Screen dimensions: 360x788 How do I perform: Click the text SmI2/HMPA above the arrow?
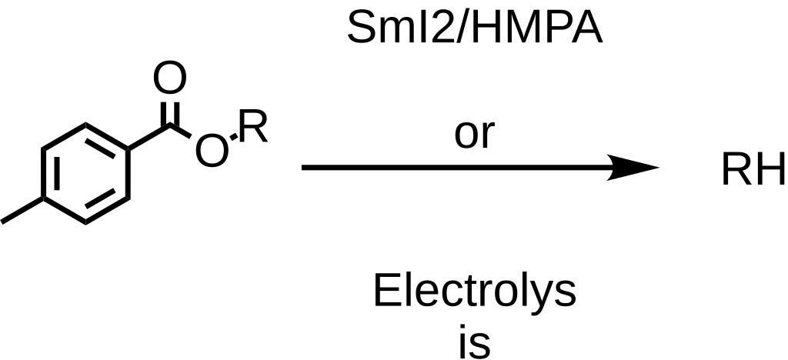click(x=474, y=28)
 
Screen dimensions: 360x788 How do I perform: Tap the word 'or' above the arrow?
click(x=473, y=133)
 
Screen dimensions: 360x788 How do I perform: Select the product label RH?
click(x=753, y=170)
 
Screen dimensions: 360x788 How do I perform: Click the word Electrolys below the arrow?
click(x=474, y=292)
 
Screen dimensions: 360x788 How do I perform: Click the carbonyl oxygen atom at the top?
click(x=169, y=78)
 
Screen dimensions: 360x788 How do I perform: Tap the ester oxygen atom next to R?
click(x=212, y=152)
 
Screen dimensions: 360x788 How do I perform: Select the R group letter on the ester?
click(x=252, y=127)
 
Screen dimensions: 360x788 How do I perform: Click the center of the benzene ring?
click(x=85, y=173)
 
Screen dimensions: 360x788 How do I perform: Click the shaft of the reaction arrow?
click(x=454, y=168)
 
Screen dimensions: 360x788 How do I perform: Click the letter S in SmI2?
click(x=362, y=28)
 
